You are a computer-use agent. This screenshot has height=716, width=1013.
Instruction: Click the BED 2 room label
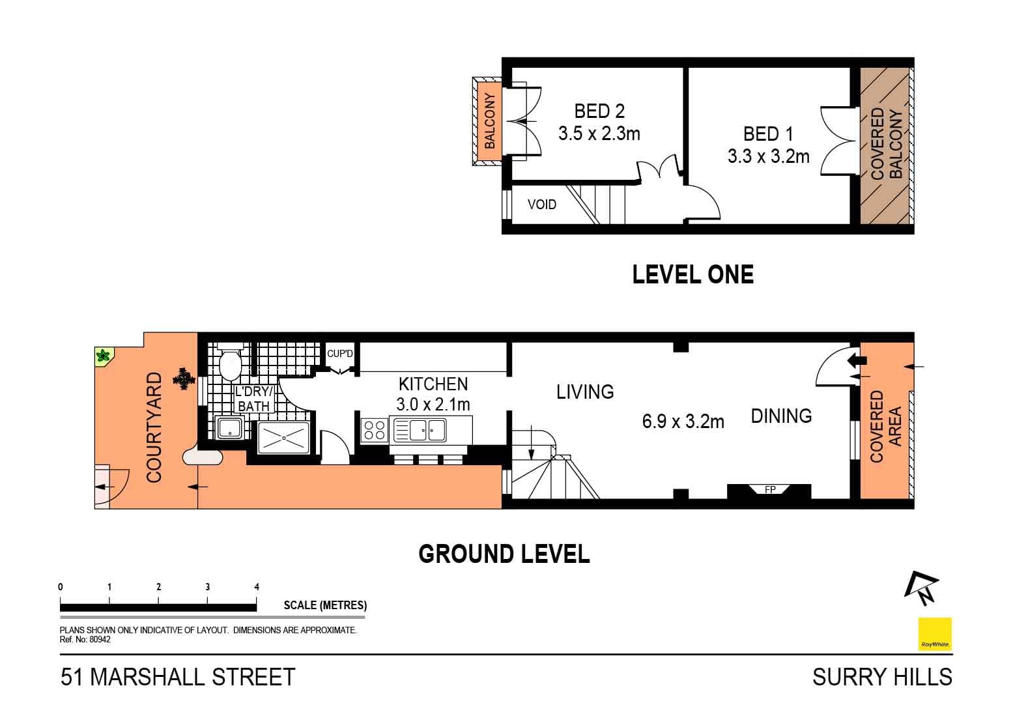[599, 110]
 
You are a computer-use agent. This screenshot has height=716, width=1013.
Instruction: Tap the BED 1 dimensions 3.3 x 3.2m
[768, 156]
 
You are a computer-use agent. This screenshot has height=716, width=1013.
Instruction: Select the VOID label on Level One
[541, 205]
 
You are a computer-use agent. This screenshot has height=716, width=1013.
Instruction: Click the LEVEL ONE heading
[692, 274]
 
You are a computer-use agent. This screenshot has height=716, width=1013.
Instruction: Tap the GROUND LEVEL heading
[504, 554]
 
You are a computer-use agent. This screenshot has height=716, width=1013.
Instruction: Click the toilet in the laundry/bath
[229, 364]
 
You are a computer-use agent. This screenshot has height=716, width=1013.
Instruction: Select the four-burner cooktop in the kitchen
[375, 431]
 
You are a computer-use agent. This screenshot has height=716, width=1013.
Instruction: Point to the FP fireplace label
[769, 489]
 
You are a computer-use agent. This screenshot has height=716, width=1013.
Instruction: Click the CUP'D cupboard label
[339, 354]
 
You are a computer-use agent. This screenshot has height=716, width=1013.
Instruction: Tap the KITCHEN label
[433, 384]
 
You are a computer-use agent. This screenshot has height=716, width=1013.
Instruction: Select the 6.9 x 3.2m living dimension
[683, 422]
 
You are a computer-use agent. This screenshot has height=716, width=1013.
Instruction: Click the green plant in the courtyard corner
[103, 356]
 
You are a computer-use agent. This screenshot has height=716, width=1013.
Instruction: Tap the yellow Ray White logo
[934, 634]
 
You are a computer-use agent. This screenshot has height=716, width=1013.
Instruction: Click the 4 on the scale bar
[257, 587]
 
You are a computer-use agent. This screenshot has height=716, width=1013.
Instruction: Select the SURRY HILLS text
[881, 678]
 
